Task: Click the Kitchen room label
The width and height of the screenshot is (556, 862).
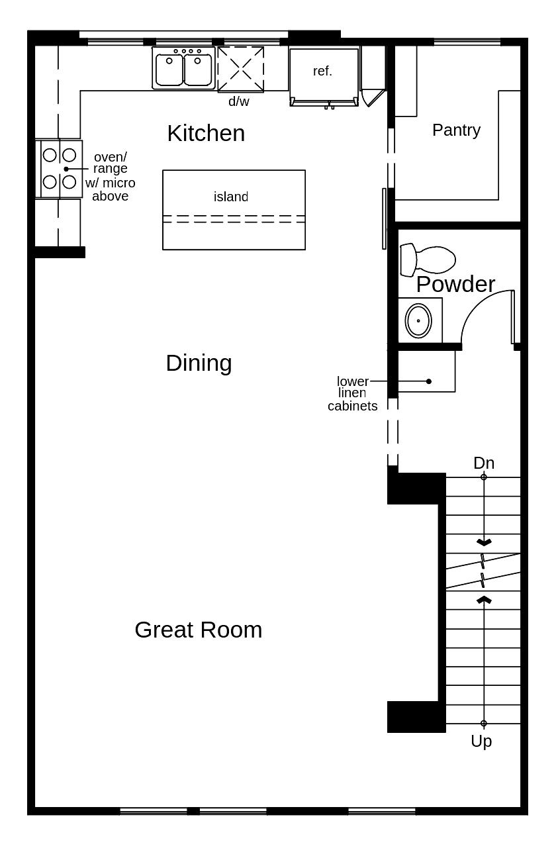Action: [x=206, y=133]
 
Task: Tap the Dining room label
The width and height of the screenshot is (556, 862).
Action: [x=199, y=363]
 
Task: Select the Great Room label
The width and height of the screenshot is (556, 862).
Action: [x=198, y=630]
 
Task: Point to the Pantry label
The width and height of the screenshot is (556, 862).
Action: [x=456, y=130]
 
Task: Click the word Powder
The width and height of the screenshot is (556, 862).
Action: [x=455, y=284]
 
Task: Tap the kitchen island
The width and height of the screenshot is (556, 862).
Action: [x=234, y=210]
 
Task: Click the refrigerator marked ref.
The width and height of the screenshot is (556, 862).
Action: [x=324, y=74]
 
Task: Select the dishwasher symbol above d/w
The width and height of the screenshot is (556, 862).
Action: [x=241, y=69]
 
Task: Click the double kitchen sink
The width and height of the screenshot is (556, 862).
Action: [x=183, y=69]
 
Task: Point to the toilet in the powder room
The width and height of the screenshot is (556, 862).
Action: [x=428, y=260]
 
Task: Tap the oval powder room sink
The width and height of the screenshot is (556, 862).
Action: [x=418, y=320]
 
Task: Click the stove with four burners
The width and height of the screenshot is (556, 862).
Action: [x=60, y=168]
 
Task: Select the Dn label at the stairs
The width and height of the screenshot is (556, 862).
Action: [x=484, y=463]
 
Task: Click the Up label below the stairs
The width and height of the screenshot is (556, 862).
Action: [x=481, y=742]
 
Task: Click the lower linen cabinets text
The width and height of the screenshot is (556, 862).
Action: [x=353, y=394]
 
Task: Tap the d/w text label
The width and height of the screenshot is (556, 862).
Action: [x=239, y=102]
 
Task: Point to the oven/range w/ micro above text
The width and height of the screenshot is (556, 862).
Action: [x=110, y=176]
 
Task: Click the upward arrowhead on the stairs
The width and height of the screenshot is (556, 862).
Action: [x=484, y=600]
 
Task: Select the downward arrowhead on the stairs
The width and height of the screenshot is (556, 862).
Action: [x=484, y=542]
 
